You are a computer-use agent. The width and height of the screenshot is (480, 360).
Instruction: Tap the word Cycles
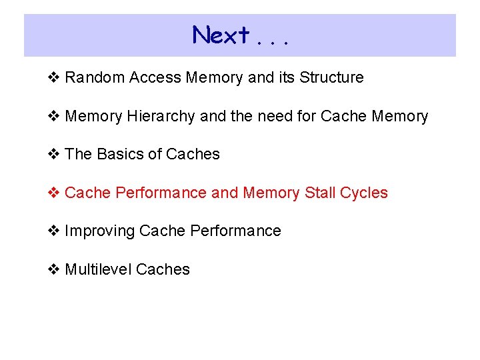coord(364,193)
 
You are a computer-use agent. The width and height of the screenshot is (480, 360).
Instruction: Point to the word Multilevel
coord(98,270)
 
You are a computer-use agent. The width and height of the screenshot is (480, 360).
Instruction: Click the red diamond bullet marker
coord(56,193)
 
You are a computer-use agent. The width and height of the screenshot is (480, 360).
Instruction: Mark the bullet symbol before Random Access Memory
coord(56,78)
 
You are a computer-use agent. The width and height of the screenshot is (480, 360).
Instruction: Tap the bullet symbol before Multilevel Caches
coord(56,270)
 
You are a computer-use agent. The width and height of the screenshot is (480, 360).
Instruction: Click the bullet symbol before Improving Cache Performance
coord(56,231)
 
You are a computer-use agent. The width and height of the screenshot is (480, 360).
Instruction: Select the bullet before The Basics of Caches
coord(56,155)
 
